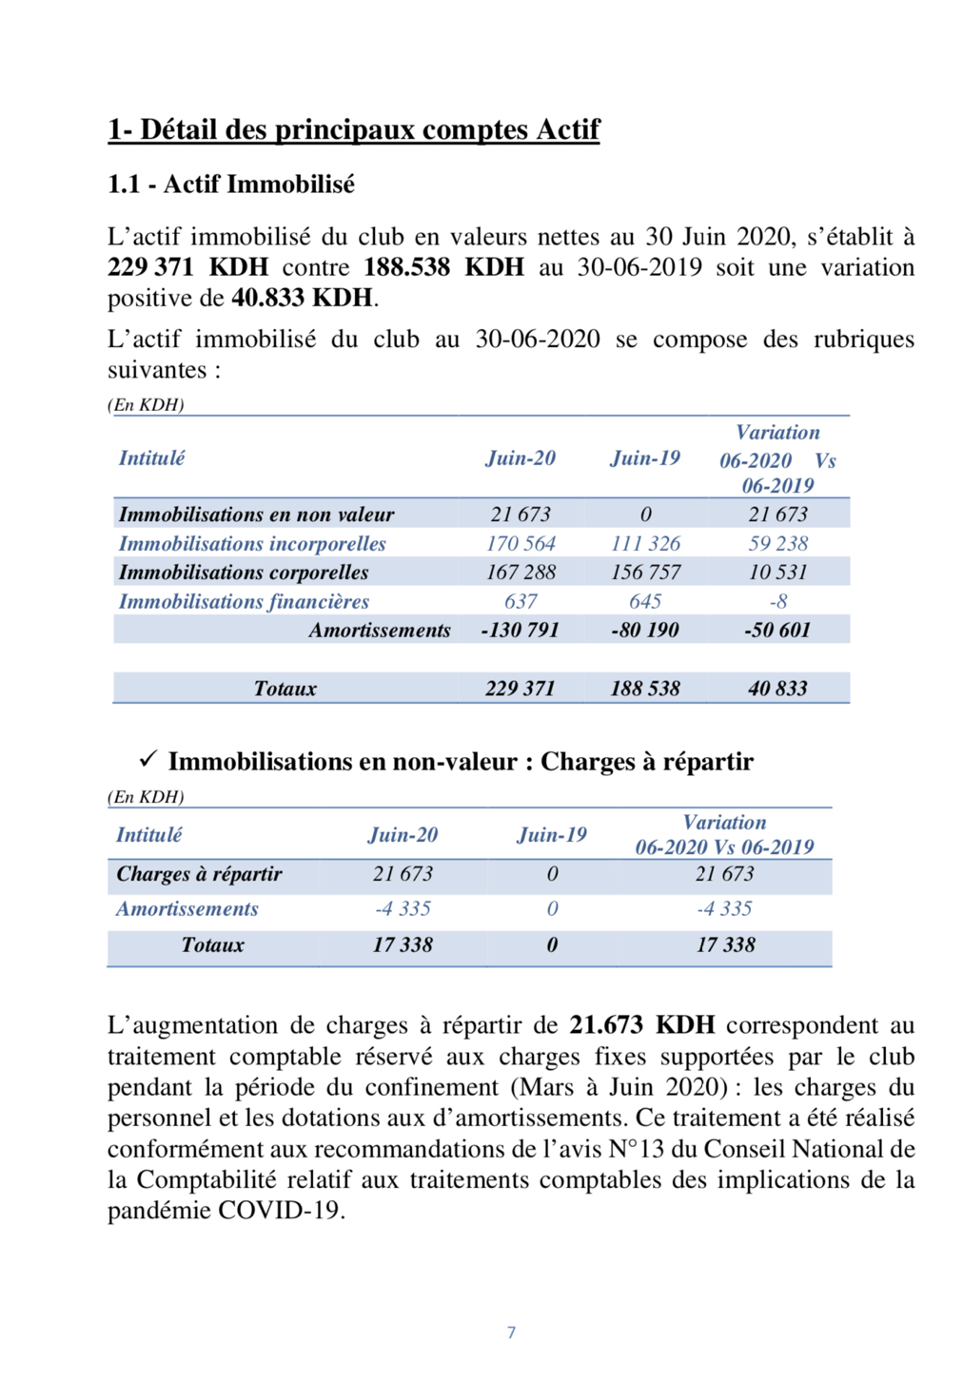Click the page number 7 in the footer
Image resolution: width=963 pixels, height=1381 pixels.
(511, 1332)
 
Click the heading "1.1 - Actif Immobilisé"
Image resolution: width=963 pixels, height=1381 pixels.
(230, 185)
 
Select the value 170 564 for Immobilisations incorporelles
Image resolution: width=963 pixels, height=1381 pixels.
(521, 544)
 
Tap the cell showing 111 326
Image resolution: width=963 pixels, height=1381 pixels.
(645, 544)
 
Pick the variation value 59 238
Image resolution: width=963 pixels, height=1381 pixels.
(777, 544)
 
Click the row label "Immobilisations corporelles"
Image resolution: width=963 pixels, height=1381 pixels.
(244, 573)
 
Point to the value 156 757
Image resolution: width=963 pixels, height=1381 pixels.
(645, 573)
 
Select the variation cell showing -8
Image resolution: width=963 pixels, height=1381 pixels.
(777, 602)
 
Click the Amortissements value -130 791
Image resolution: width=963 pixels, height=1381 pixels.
(520, 631)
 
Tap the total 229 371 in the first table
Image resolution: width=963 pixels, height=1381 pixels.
(520, 689)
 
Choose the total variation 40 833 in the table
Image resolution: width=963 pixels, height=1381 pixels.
(777, 689)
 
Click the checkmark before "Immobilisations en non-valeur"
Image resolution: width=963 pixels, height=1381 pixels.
(147, 760)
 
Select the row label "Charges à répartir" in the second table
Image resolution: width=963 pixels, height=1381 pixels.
(199, 874)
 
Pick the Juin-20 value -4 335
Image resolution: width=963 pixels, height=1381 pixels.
(403, 909)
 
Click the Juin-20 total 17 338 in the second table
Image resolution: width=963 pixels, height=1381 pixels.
(403, 945)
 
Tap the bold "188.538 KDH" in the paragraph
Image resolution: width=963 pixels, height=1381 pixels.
(443, 267)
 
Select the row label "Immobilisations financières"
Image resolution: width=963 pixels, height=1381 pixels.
(244, 602)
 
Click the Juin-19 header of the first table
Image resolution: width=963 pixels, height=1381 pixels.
(645, 458)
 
